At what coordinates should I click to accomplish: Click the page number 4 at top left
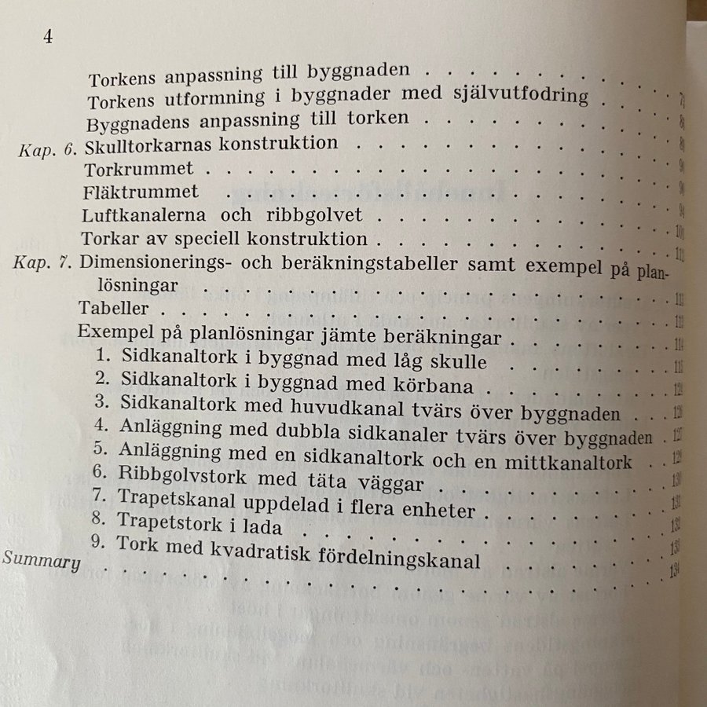[x=47, y=38]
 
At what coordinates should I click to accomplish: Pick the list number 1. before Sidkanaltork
[x=102, y=356]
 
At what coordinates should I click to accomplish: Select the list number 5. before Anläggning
[x=99, y=450]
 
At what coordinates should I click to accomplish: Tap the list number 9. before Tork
[x=100, y=542]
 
